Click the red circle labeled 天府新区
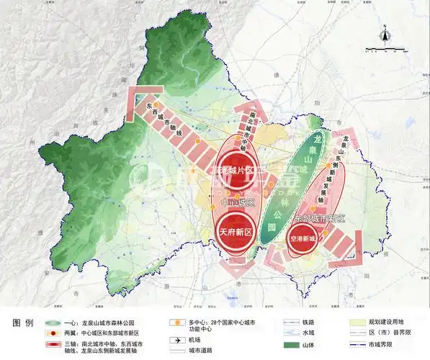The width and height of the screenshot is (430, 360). click(235, 232)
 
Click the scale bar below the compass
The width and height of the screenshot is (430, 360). click(385, 50)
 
